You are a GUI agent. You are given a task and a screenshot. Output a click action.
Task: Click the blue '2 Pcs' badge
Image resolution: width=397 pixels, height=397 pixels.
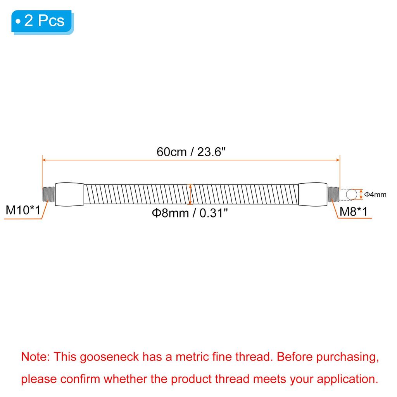(x=42, y=22)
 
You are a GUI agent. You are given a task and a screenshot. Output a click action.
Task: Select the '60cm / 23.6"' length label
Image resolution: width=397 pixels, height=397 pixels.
(x=191, y=152)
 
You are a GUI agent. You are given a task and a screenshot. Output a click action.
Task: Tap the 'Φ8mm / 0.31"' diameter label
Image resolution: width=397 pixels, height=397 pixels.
(x=190, y=213)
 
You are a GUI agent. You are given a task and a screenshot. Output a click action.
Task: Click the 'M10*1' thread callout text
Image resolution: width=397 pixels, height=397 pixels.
(x=23, y=210)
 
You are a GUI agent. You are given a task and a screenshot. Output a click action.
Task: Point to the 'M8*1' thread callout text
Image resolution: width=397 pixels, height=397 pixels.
(x=353, y=211)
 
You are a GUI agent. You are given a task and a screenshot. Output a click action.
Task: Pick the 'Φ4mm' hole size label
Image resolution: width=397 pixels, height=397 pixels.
(x=375, y=195)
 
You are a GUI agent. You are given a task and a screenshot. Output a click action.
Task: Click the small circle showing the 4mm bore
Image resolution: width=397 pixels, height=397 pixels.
(x=351, y=195)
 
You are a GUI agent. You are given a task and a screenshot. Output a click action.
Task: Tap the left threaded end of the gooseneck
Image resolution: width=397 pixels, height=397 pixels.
(x=48, y=194)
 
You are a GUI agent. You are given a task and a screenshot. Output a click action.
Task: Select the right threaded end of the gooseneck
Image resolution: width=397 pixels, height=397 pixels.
(x=333, y=194)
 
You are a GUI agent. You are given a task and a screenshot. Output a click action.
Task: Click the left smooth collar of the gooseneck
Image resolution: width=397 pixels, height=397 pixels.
(x=70, y=194)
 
